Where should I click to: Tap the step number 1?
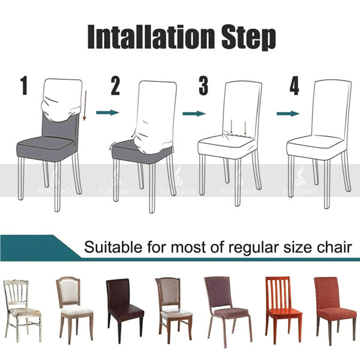(x=24, y=86)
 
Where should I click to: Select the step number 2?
(x=115, y=86)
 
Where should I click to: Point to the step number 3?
(x=203, y=86)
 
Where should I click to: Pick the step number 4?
(x=293, y=86)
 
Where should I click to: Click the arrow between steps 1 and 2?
(x=107, y=112)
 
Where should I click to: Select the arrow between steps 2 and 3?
(x=194, y=112)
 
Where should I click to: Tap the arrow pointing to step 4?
(x=288, y=112)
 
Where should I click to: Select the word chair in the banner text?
(x=335, y=247)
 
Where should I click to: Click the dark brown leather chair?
(x=124, y=306)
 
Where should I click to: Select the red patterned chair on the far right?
(x=334, y=306)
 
